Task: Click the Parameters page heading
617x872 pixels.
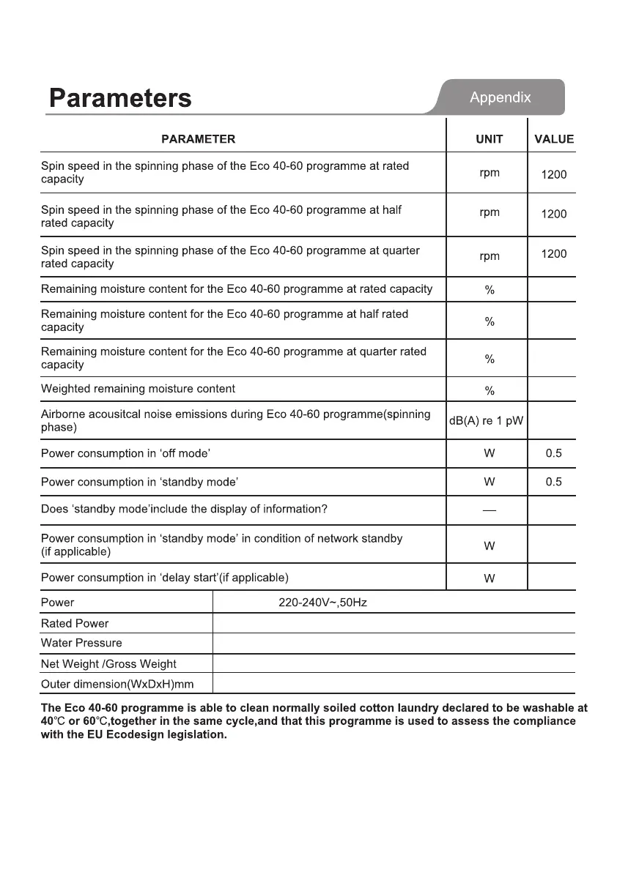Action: point(120,98)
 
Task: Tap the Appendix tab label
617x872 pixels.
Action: point(500,97)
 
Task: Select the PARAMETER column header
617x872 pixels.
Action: point(198,139)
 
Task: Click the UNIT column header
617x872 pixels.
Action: point(489,139)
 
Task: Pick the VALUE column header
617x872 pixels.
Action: point(554,139)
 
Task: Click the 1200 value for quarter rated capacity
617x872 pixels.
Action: point(554,254)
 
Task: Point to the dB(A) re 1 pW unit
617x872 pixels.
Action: point(487,422)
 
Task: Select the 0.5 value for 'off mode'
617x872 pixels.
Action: point(554,453)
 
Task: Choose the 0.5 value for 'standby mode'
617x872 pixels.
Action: point(554,482)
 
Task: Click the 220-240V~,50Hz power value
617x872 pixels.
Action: point(322,603)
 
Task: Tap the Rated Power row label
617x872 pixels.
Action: point(75,624)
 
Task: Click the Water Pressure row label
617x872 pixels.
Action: point(81,643)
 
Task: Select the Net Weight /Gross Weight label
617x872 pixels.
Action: point(108,664)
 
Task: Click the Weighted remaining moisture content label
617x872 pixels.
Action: point(138,389)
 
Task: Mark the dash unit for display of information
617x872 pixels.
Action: point(489,510)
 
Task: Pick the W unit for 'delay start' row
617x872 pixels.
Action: point(489,578)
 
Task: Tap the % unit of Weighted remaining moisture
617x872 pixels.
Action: point(489,391)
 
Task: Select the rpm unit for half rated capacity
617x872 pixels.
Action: point(489,212)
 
